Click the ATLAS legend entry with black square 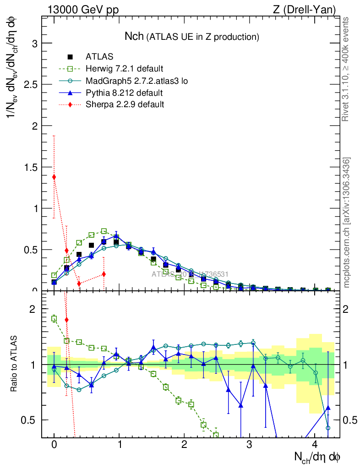point(99,57)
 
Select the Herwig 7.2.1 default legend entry point(124,69)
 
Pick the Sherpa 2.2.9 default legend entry point(125,104)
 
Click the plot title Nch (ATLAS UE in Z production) point(192,37)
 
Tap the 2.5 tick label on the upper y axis point(29,85)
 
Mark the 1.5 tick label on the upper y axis point(29,167)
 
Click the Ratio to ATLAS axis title point(15,365)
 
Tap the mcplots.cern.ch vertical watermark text point(347,223)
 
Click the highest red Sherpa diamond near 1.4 point(54,177)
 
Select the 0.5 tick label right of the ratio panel point(350,420)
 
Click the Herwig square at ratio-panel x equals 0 point(54,318)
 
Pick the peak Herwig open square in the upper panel point(104,231)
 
